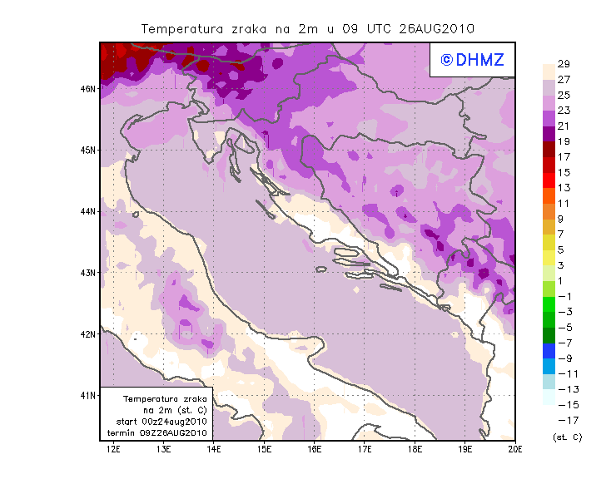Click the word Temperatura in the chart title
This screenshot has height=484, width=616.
tap(181, 28)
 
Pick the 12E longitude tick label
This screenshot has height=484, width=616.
tap(114, 449)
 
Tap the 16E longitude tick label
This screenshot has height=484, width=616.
tap(315, 449)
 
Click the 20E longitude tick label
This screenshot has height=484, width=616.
tap(516, 449)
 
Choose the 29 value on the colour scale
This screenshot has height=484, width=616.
tap(564, 64)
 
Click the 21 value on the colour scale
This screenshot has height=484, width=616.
tap(564, 126)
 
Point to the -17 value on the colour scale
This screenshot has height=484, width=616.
tap(566, 420)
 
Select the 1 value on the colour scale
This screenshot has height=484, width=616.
tap(564, 281)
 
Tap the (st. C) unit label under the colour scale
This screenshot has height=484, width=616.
tap(567, 437)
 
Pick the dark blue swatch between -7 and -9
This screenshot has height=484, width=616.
tap(549, 350)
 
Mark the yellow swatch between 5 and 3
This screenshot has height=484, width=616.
tap(549, 258)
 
